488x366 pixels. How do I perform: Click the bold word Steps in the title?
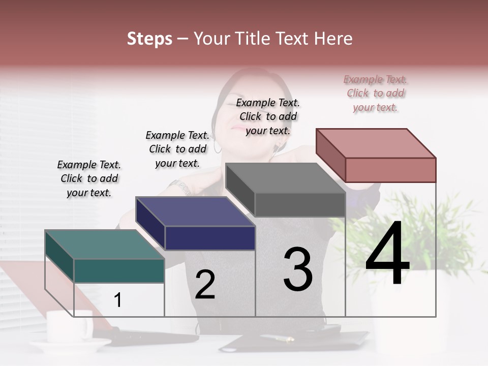(x=149, y=39)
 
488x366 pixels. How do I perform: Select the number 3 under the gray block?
(x=298, y=269)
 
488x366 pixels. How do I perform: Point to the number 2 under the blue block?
(x=205, y=285)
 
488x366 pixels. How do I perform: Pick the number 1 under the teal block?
(x=118, y=300)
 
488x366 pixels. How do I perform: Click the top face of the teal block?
(x=105, y=244)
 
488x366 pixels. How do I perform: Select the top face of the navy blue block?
(x=195, y=211)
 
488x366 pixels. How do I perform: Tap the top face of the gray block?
(x=286, y=178)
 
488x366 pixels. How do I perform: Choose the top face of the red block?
(x=376, y=143)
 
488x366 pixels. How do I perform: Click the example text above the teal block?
(x=89, y=178)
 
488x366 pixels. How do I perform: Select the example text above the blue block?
(x=177, y=149)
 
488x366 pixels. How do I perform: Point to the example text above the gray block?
(x=268, y=116)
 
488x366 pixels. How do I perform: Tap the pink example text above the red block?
(x=376, y=93)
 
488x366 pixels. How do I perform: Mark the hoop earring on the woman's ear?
(x=218, y=147)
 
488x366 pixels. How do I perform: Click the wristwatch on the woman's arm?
(x=182, y=187)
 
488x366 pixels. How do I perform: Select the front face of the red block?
(x=390, y=170)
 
